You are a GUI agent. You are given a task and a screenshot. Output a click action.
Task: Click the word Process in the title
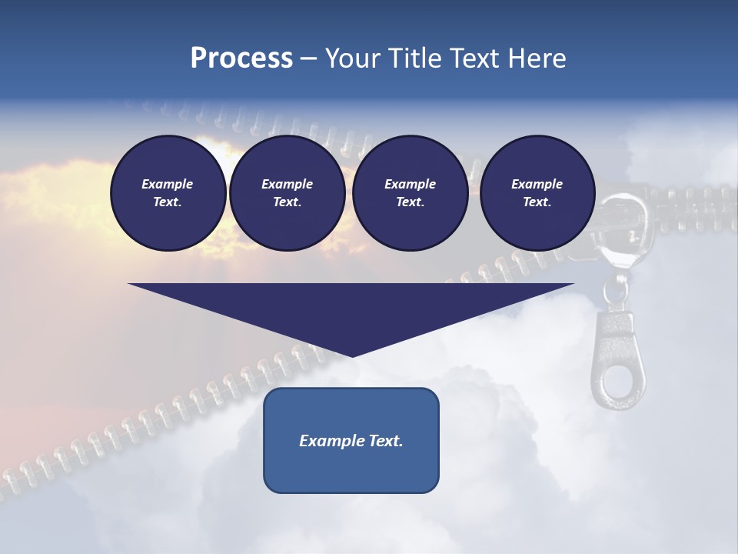click(x=241, y=58)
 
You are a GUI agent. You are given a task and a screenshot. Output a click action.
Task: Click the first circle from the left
click(x=168, y=193)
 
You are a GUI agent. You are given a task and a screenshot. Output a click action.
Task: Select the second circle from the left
click(x=287, y=193)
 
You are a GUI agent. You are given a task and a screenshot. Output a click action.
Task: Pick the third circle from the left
click(x=410, y=193)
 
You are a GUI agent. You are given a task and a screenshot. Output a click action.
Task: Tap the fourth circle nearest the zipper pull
click(x=537, y=193)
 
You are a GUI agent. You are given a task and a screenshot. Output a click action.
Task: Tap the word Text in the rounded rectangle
click(x=385, y=441)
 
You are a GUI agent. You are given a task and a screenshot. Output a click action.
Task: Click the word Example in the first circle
click(x=168, y=184)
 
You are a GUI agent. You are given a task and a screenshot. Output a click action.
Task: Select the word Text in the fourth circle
click(x=537, y=202)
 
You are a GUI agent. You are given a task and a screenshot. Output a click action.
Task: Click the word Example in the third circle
click(x=410, y=184)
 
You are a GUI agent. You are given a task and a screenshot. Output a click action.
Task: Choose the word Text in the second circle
click(x=287, y=202)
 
